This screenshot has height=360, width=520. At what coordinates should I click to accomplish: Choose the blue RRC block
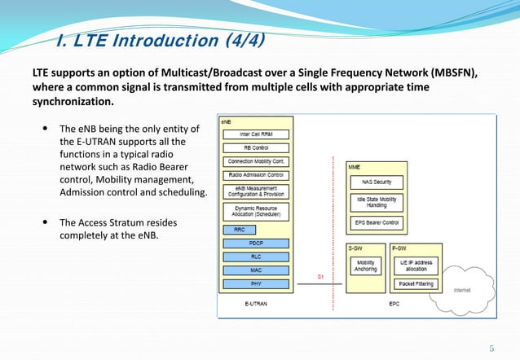[239, 230]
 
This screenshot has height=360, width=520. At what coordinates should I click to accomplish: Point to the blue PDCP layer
[255, 243]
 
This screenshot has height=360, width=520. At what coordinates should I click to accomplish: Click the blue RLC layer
[255, 257]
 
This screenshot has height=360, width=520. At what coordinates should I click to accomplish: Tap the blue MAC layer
[255, 270]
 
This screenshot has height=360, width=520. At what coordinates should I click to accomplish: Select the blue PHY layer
[255, 284]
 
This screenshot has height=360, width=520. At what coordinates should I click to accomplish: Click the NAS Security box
[377, 182]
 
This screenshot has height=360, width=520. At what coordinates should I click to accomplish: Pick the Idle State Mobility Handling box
[377, 201]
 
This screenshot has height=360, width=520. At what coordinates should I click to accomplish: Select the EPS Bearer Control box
[377, 222]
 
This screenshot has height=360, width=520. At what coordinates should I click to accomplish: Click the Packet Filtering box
[416, 284]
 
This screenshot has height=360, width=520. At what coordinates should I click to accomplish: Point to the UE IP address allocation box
[416, 266]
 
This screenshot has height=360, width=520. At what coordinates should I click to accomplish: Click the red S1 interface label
[322, 276]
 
